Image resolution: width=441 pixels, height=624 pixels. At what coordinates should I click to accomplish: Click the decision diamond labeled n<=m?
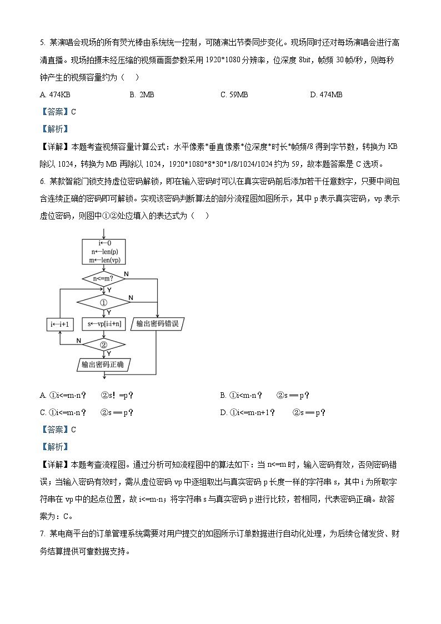point(103,278)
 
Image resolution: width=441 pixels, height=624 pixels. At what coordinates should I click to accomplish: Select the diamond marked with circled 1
point(103,302)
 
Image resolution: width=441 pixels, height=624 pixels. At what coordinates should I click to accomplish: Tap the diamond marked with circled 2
point(103,345)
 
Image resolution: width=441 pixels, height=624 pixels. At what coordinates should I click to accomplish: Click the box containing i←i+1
point(59,324)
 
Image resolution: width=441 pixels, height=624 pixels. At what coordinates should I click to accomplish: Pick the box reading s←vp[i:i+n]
point(103,323)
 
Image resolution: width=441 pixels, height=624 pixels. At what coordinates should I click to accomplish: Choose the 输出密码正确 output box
point(103,365)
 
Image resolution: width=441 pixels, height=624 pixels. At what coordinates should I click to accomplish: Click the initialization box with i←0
point(103,252)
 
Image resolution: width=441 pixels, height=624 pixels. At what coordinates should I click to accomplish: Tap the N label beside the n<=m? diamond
point(127,274)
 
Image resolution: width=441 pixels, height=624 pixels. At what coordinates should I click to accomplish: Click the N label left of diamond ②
point(78,340)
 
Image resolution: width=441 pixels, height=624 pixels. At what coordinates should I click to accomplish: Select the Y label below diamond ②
point(108,353)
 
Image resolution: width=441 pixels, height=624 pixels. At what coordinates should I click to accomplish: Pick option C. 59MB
point(234,94)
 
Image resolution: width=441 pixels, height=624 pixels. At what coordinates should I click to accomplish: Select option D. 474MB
point(326,94)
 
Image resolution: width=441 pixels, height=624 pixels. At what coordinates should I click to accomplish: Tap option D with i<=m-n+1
point(272,412)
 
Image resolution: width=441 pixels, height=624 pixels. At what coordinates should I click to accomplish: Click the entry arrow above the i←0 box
point(103,233)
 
